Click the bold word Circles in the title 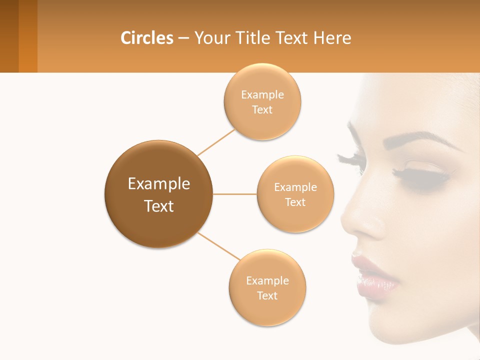pyautogui.click(x=146, y=38)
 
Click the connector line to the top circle pyautogui.click(x=216, y=142)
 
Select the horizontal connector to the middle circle pyautogui.click(x=235, y=194)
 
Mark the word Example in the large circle pyautogui.click(x=159, y=184)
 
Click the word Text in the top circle pyautogui.click(x=262, y=110)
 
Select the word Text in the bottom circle pyautogui.click(x=267, y=296)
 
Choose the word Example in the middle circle pyautogui.click(x=295, y=187)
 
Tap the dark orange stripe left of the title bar pyautogui.click(x=28, y=36)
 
